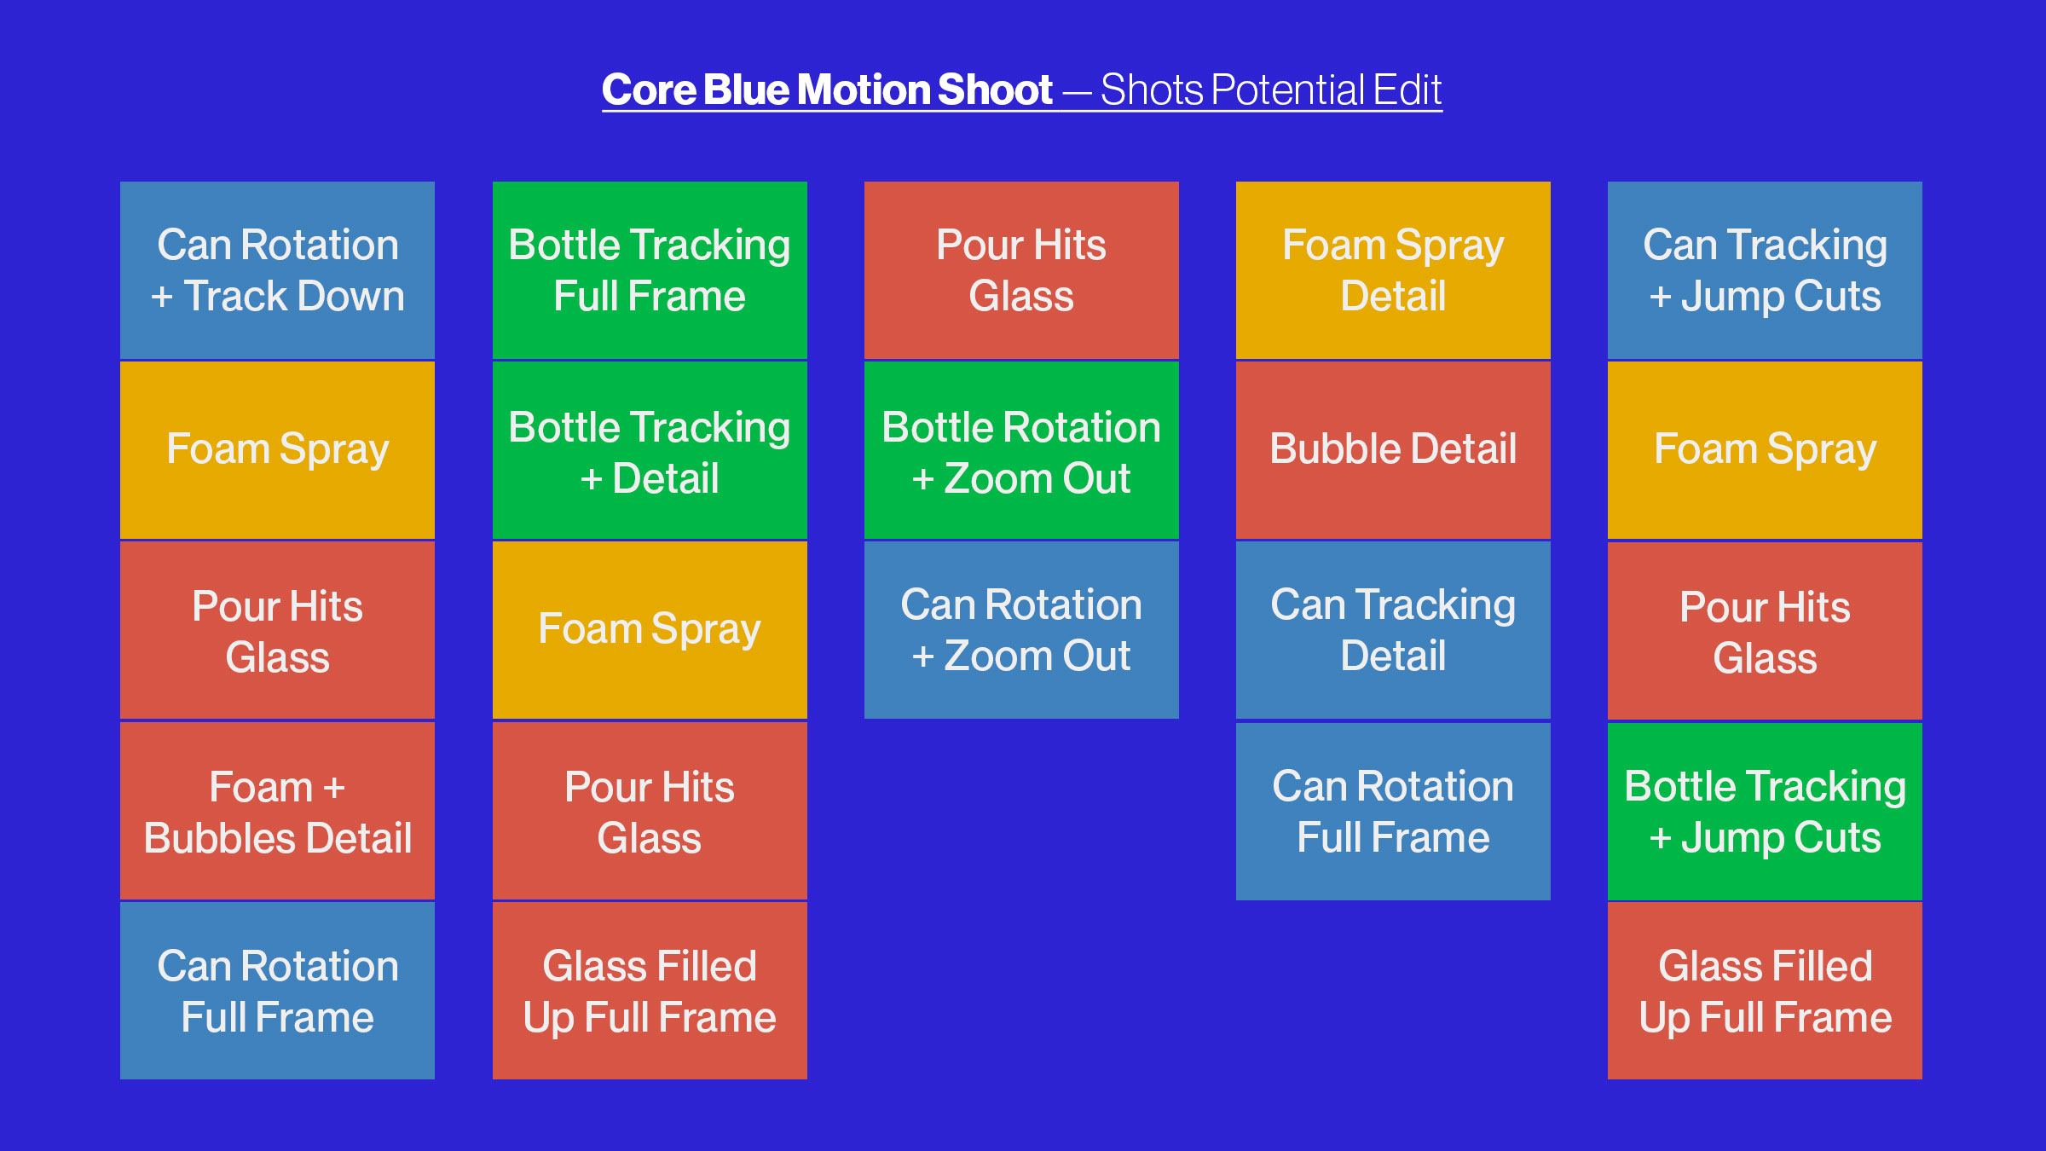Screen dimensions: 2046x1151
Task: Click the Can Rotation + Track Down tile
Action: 277,270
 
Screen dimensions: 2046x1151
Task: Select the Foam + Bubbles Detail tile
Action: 277,811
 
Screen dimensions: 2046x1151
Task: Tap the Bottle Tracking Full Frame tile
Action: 650,270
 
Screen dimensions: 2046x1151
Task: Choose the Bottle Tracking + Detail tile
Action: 650,450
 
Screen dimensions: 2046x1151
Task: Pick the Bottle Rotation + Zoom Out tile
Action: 1021,450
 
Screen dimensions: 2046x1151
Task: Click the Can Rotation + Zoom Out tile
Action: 1021,630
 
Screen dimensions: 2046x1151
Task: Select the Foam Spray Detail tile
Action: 1393,270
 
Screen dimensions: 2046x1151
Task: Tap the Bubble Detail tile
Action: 1393,450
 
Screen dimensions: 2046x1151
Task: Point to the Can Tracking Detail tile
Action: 1393,630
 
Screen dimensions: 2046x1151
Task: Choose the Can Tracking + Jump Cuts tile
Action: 1765,270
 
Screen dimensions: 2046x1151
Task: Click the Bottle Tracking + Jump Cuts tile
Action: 1765,811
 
